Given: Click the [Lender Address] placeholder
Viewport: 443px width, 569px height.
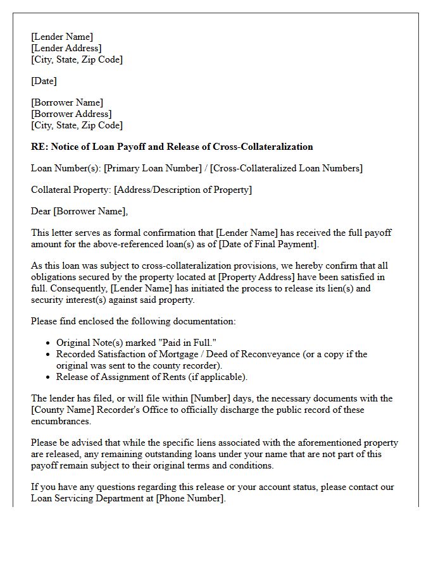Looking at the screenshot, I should tap(66, 48).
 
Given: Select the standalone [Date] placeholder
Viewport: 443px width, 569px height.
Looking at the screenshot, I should tap(44, 81).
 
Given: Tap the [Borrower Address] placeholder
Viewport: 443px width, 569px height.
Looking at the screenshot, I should tap(71, 114).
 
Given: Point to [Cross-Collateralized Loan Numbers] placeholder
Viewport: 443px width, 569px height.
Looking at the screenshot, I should tap(287, 168).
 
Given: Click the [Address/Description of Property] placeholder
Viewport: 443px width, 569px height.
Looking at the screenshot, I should tap(183, 190).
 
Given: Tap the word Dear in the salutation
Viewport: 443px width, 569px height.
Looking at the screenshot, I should tap(41, 211).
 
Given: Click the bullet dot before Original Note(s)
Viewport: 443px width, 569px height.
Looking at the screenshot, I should tap(49, 343).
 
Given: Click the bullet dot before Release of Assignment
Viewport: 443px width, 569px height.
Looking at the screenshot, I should tap(49, 377).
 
